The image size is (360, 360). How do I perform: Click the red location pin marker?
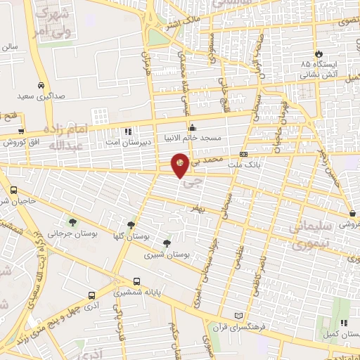(181, 165)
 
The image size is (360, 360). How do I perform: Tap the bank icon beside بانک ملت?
(243, 154)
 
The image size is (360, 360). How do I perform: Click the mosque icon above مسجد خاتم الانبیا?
(193, 127)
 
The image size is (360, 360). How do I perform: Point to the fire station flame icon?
(319, 53)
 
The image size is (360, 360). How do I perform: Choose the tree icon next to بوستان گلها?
(131, 225)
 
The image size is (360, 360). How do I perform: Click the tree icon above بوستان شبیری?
(166, 244)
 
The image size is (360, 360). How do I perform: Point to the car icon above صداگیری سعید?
(41, 85)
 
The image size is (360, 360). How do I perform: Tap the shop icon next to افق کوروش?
(21, 131)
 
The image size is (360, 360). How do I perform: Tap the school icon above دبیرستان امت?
(127, 131)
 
